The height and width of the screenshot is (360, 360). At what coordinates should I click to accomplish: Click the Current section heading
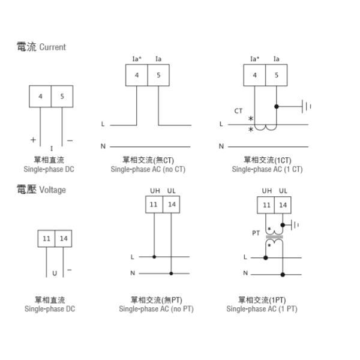pyautogui.click(x=41, y=47)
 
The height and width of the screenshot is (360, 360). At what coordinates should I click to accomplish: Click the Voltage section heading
pyautogui.click(x=41, y=190)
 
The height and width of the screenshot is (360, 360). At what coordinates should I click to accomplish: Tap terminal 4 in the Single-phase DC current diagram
pyautogui.click(x=40, y=97)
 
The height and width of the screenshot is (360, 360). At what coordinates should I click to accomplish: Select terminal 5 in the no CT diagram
pyautogui.click(x=158, y=75)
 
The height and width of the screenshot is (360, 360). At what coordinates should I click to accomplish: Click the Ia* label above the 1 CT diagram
pyautogui.click(x=254, y=59)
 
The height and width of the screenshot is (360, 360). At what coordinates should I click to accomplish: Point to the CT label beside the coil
pyautogui.click(x=238, y=111)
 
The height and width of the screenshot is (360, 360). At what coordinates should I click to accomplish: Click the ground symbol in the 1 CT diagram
pyautogui.click(x=307, y=107)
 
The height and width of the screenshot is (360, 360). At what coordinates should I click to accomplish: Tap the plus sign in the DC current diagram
pyautogui.click(x=33, y=140)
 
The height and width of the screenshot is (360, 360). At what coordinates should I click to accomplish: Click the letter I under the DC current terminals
pyautogui.click(x=52, y=147)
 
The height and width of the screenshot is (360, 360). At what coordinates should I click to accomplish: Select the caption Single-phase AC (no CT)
pyautogui.click(x=148, y=170)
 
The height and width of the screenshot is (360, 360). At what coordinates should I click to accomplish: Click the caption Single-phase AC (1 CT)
pyautogui.click(x=268, y=170)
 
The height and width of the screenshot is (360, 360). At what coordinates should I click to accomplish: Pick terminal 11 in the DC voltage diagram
pyautogui.click(x=47, y=238)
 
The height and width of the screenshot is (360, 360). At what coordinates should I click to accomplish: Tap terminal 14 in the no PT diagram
pyautogui.click(x=172, y=205)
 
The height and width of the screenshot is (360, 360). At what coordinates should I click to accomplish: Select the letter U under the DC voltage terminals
pyautogui.click(x=55, y=273)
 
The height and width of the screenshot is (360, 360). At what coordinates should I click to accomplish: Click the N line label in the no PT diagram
pyautogui.click(x=133, y=273)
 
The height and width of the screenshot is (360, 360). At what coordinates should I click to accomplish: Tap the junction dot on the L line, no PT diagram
pyautogui.click(x=154, y=257)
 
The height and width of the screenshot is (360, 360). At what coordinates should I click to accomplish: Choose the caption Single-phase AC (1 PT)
pyautogui.click(x=262, y=310)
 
